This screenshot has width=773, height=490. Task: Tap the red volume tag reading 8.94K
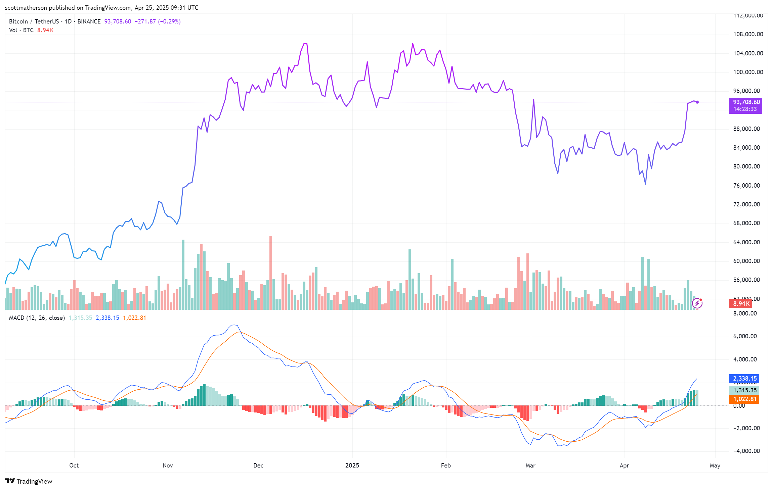click(x=740, y=304)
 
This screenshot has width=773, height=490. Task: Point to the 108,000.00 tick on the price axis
click(x=748, y=34)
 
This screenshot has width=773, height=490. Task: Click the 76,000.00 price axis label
click(x=746, y=186)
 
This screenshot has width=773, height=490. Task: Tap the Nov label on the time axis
click(x=168, y=465)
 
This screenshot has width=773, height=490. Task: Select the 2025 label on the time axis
click(x=352, y=465)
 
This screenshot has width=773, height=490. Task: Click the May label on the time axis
click(x=715, y=465)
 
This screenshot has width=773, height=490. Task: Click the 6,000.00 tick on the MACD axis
click(x=745, y=336)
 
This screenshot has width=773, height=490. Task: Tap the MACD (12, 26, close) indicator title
click(x=37, y=318)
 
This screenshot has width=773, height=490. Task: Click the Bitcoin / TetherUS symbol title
click(x=34, y=21)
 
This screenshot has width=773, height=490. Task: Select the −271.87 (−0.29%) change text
click(x=158, y=21)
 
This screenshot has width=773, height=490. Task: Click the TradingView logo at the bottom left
click(x=29, y=481)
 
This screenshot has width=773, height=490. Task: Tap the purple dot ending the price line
click(x=697, y=102)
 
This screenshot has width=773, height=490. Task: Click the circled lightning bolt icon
click(x=697, y=303)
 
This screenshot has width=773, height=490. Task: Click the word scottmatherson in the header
click(x=26, y=8)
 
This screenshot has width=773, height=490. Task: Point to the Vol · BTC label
click(x=21, y=30)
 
